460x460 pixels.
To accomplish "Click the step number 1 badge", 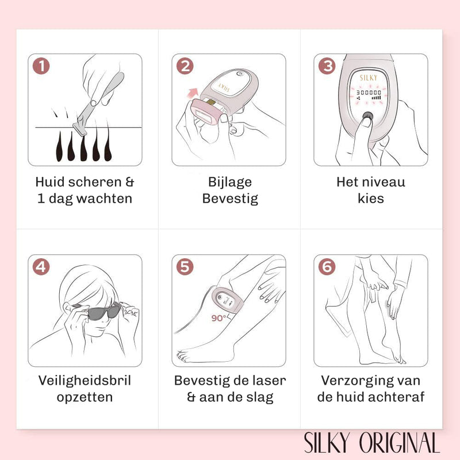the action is pos(41,66).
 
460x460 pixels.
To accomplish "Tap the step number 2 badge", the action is pos(185,66).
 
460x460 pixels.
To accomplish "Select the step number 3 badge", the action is pos(327,66).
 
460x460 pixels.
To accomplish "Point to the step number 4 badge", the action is pos(41,267).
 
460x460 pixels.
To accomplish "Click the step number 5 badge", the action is pos(185,267).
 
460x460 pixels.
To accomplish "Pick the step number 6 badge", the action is pos(327,267).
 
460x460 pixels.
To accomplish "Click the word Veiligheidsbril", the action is pos(85,381).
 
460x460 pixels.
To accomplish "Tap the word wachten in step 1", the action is pos(104,198).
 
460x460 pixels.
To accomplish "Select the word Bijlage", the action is pos(230,182).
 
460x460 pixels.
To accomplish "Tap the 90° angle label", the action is pos(219,318).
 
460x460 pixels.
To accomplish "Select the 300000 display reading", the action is pos(369,93).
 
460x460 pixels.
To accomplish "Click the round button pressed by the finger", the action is pos(367,116).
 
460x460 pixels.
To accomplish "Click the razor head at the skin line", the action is pos(80,129).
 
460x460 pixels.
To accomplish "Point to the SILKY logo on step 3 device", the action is pos(369,78).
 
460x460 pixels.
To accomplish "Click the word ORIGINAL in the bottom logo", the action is pos(400,442).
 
